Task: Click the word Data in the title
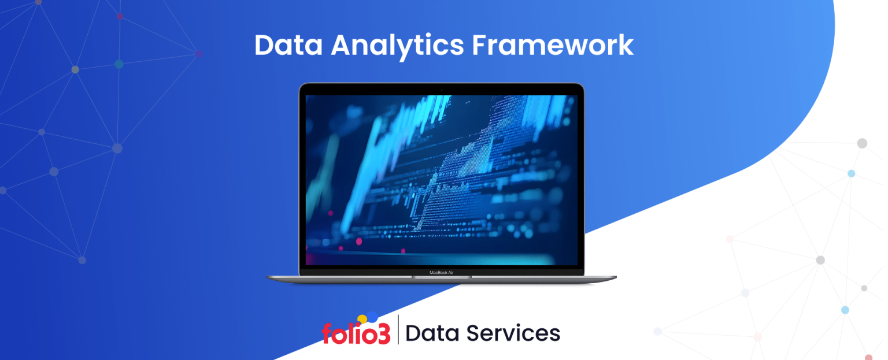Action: pyautogui.click(x=288, y=45)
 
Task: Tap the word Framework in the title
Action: pyautogui.click(x=553, y=45)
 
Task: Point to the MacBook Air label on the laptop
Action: pyautogui.click(x=441, y=272)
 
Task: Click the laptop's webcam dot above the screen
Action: pyautogui.click(x=441, y=90)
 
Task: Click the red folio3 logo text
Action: pyautogui.click(x=356, y=334)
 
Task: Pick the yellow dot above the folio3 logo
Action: pyautogui.click(x=362, y=319)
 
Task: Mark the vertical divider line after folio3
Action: pyautogui.click(x=398, y=330)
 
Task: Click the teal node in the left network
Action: pyautogui.click(x=119, y=64)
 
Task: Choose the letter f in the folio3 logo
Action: pyautogui.click(x=328, y=333)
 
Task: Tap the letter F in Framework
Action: pyautogui.click(x=479, y=45)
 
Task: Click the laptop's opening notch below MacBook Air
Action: pyautogui.click(x=441, y=277)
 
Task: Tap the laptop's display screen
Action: pyautogui.click(x=441, y=180)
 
